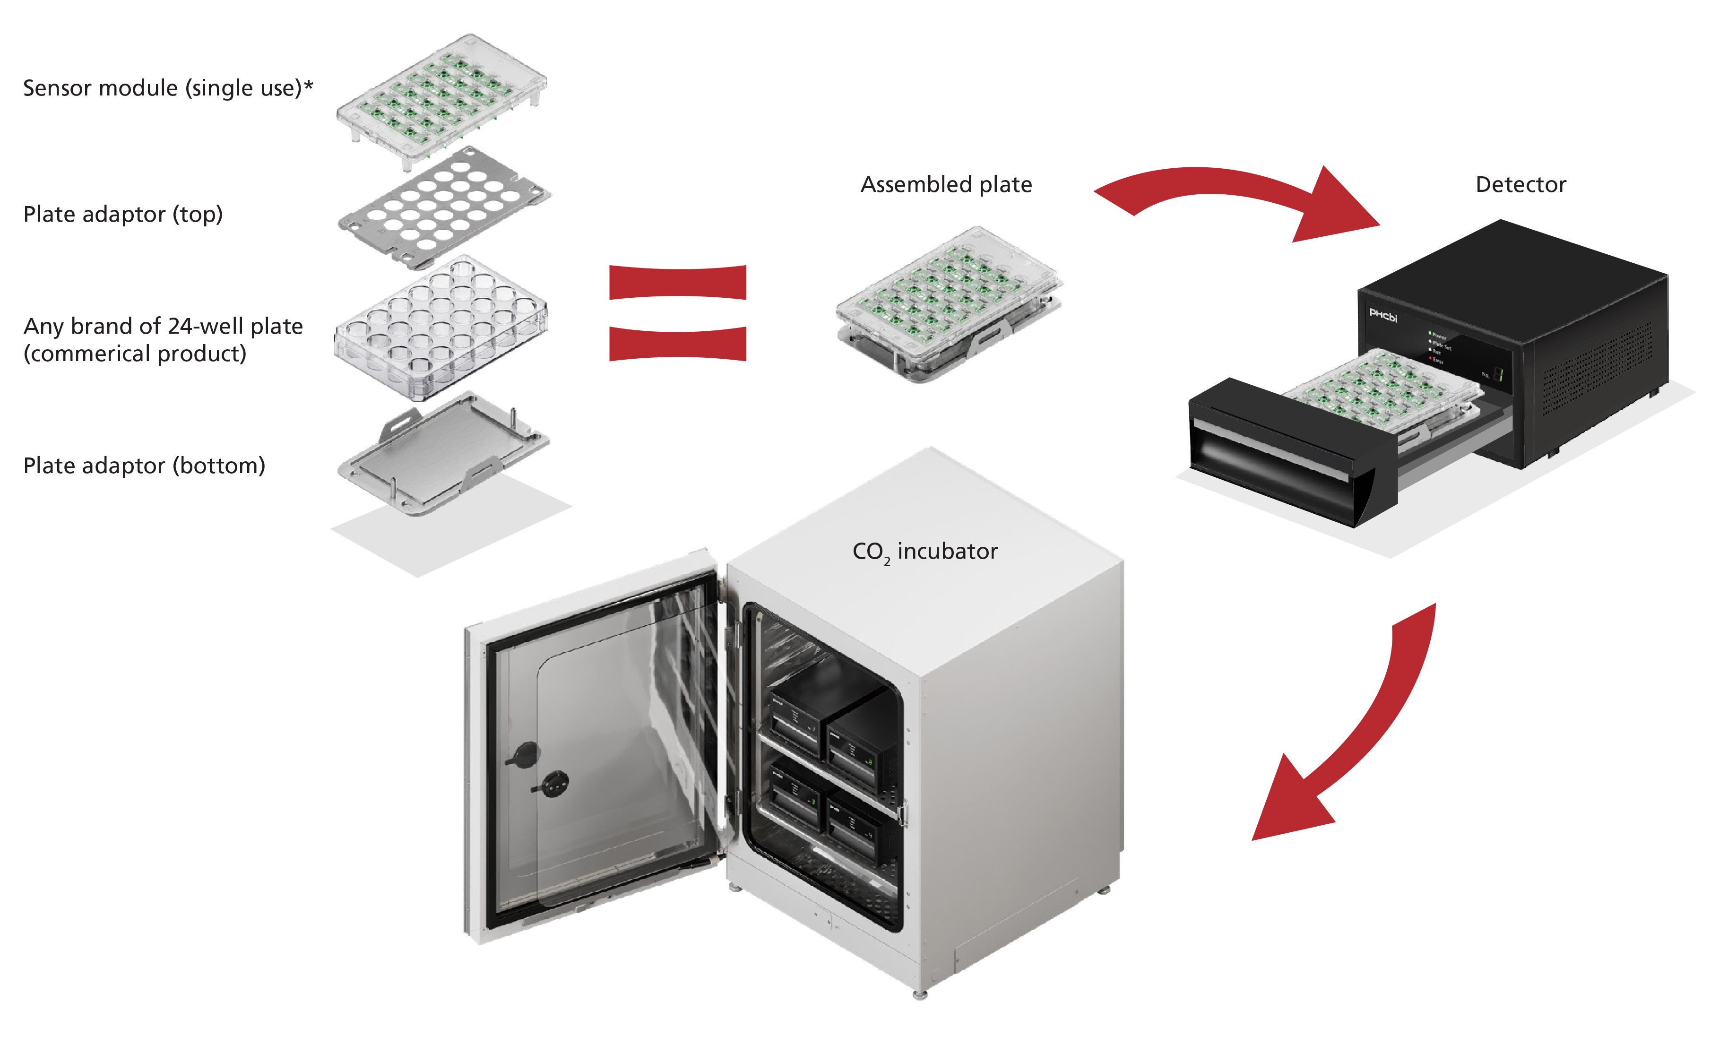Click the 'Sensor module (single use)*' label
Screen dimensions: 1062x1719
coord(168,88)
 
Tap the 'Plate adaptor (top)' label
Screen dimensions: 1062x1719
coord(123,214)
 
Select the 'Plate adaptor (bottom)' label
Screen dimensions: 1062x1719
coord(144,466)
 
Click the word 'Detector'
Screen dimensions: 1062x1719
coord(1520,185)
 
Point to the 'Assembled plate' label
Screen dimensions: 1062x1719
coord(946,185)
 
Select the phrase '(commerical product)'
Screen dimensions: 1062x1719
coord(135,354)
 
